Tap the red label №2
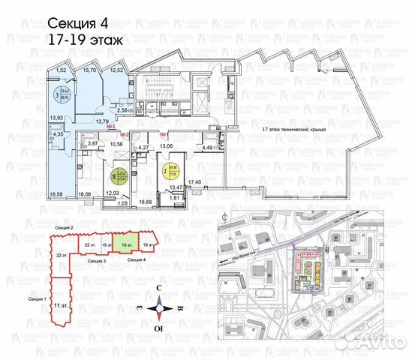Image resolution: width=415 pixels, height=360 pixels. pyautogui.click(x=125, y=136)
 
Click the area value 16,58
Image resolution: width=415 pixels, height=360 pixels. pyautogui.click(x=53, y=195)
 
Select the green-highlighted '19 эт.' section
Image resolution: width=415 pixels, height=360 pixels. pyautogui.click(x=125, y=244)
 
